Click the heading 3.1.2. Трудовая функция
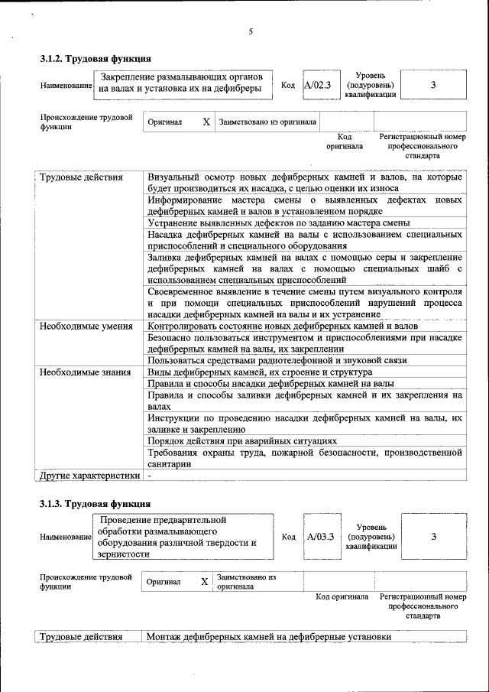(96, 59)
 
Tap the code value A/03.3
(320, 537)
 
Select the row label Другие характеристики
(89, 475)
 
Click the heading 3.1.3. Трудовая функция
(96, 504)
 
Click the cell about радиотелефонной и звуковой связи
(277, 360)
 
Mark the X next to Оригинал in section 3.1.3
(204, 582)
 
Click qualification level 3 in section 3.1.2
(432, 85)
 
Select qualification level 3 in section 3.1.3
(433, 537)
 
